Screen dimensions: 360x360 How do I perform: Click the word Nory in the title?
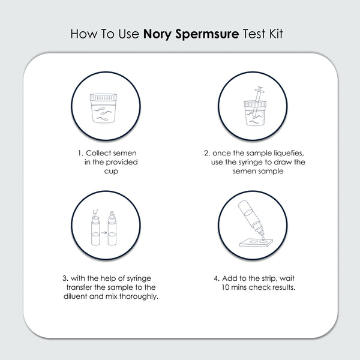click(158, 33)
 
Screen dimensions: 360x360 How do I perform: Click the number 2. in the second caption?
click(207, 153)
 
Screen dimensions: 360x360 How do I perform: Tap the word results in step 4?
click(281, 288)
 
